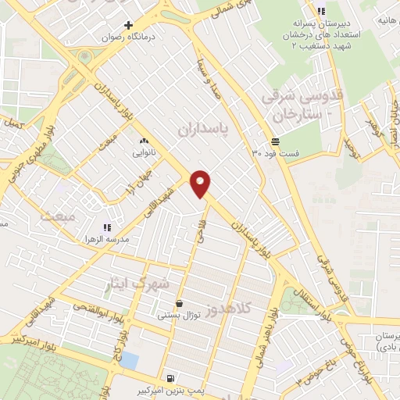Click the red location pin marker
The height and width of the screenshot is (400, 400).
[201, 183]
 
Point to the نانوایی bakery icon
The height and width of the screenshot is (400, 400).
[143, 141]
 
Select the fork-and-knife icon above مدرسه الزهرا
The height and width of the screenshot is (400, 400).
[106, 226]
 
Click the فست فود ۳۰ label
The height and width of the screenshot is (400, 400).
[275, 153]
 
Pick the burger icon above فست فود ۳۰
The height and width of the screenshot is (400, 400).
[275, 141]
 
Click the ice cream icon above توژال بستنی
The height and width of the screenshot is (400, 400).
[180, 304]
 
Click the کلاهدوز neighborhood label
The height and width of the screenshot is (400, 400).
[230, 309]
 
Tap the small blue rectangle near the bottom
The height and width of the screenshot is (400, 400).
[129, 361]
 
